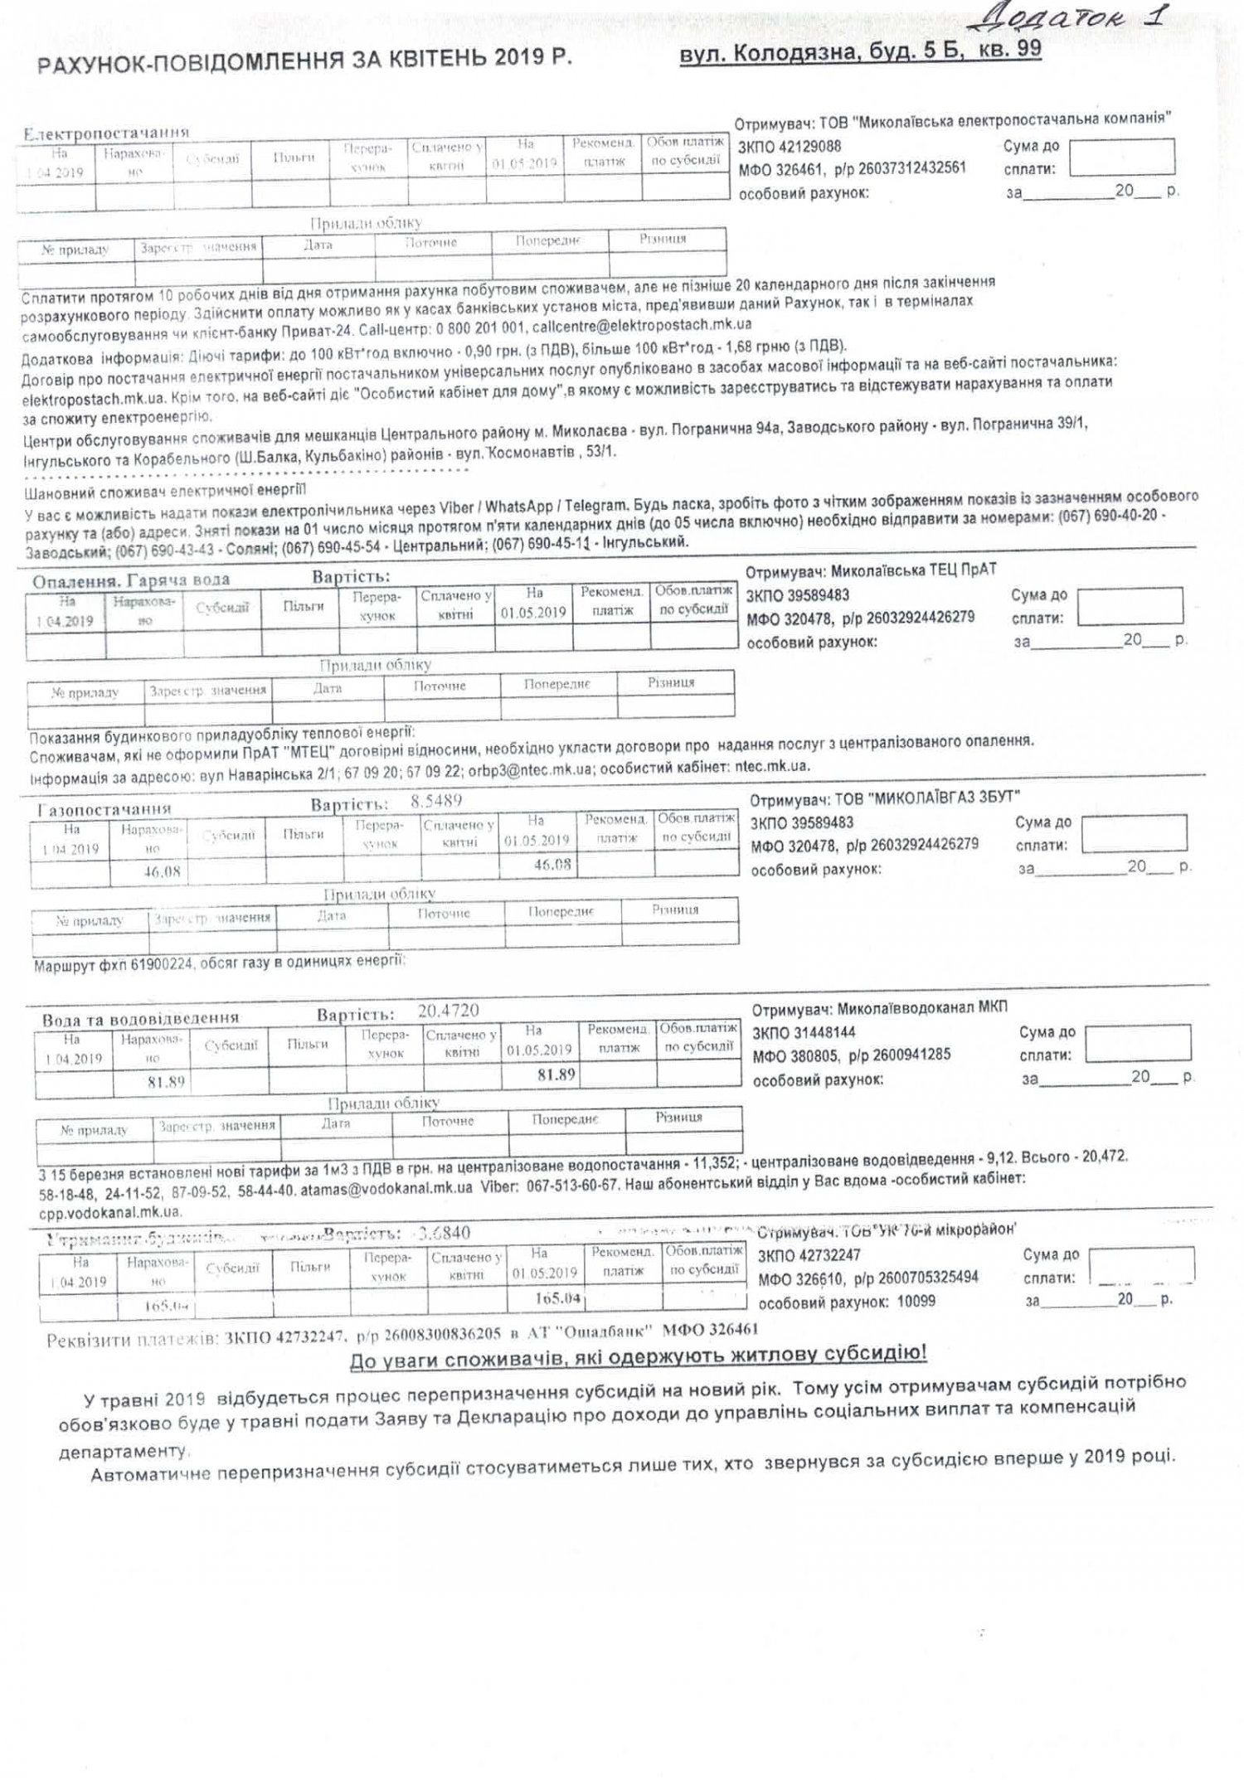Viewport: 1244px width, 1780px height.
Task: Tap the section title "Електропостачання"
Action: click(x=106, y=133)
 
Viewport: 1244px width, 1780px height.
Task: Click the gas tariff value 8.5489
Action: click(x=436, y=801)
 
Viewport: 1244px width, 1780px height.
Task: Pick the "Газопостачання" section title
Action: click(x=104, y=808)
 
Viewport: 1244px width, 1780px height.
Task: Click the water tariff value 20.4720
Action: click(x=448, y=1011)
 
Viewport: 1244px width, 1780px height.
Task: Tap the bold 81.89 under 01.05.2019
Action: click(x=556, y=1074)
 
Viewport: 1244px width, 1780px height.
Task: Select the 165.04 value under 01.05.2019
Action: click(x=557, y=1298)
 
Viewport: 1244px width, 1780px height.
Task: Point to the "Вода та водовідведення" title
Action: click(x=140, y=1018)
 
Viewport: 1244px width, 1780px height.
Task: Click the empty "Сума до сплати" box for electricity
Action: click(x=1121, y=157)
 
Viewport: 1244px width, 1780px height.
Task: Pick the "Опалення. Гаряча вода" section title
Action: click(x=131, y=580)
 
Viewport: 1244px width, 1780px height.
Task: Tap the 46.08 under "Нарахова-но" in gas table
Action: click(x=161, y=871)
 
